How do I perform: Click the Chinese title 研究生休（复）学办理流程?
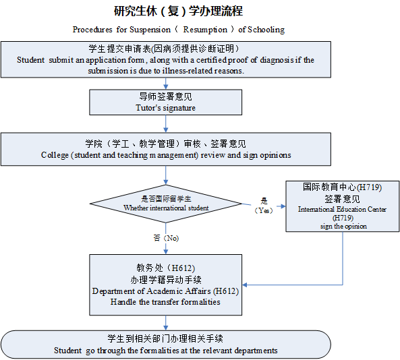178,11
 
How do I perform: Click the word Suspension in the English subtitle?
150,30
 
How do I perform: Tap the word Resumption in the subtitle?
205,30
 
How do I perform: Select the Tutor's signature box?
165,102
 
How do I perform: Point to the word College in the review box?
55,155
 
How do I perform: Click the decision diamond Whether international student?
166,204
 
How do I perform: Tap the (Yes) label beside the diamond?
264,210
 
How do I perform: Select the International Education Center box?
343,206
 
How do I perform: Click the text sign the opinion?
343,227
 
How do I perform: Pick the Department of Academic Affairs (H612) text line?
165,291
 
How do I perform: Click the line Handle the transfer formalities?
165,302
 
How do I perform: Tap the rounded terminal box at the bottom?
166,344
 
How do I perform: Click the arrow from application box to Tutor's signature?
165,84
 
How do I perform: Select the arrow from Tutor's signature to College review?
165,124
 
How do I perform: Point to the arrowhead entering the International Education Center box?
283,206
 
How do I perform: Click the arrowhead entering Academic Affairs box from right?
245,284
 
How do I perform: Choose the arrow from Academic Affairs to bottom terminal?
165,323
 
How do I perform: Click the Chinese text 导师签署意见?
165,96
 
